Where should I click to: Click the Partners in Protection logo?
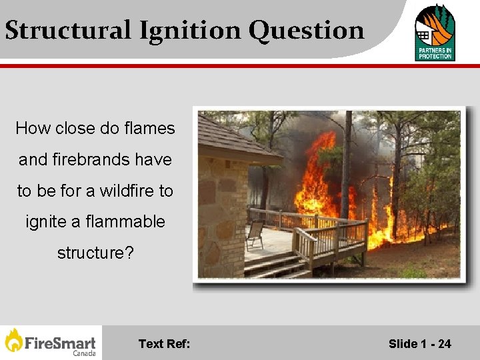[x=435, y=32]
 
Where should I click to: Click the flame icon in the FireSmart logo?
[x=13, y=340]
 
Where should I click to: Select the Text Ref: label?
[x=164, y=344]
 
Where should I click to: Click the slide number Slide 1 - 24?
[x=419, y=344]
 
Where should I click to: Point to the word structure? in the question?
[x=91, y=253]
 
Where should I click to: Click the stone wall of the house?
[x=220, y=213]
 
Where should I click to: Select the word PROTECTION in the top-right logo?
[x=435, y=57]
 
